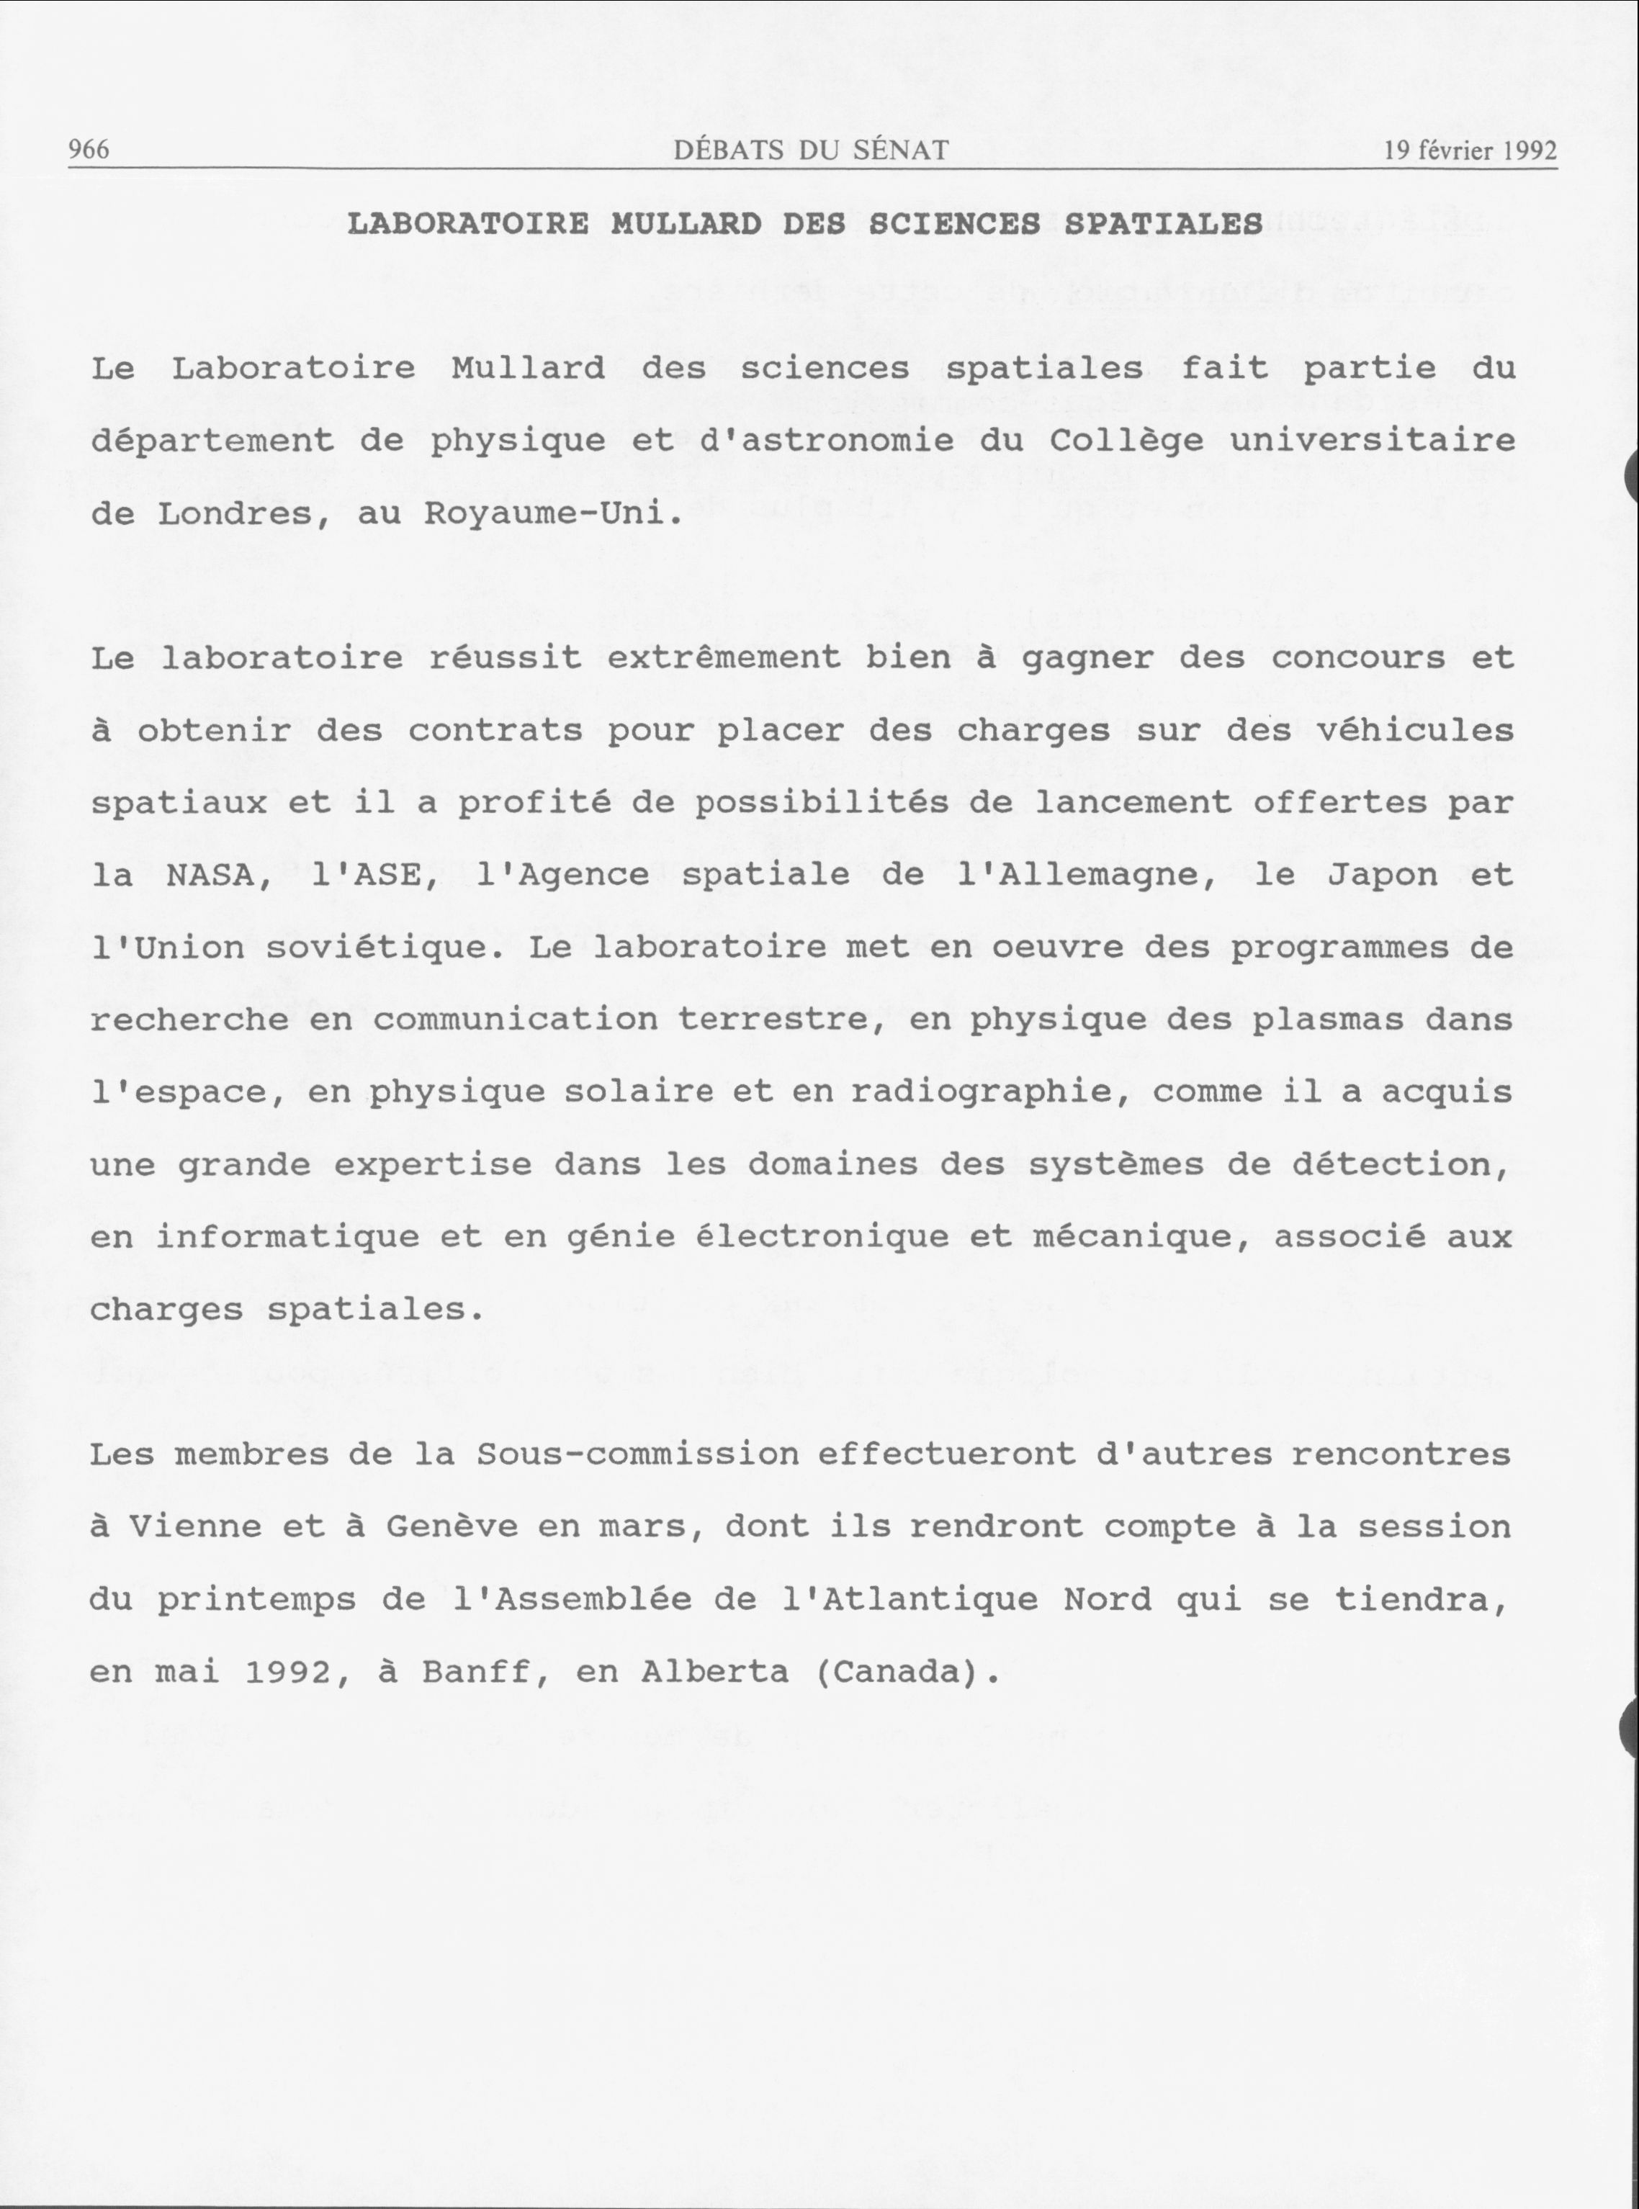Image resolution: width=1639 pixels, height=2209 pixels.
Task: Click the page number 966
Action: click(89, 150)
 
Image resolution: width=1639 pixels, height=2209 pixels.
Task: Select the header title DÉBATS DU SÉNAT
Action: click(811, 150)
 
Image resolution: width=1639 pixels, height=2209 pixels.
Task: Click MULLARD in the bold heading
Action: click(686, 224)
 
